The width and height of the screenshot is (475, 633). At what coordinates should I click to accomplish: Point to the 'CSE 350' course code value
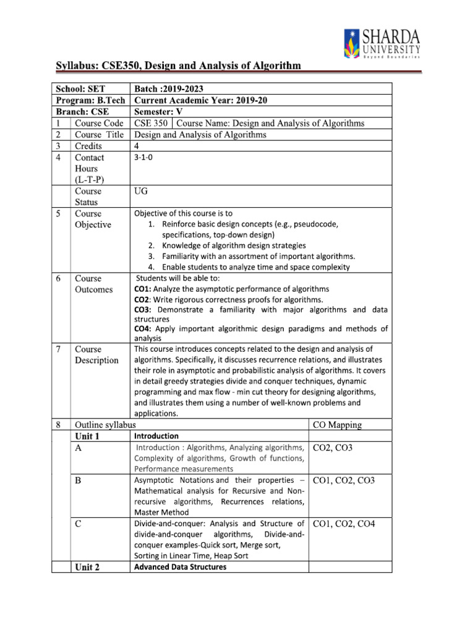pos(151,123)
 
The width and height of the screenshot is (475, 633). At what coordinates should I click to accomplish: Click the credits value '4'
pos(137,146)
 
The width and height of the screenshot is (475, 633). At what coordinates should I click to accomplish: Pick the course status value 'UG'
pos(141,192)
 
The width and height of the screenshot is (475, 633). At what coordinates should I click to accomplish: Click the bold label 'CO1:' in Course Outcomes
pos(143,289)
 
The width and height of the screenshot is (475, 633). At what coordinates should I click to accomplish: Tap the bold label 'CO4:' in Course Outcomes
pos(143,328)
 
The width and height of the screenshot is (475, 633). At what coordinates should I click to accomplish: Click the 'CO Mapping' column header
pos(338,425)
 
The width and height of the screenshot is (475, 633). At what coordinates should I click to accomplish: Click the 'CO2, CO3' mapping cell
pos(333,448)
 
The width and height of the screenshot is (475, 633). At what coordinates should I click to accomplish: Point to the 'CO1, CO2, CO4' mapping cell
pos(344,524)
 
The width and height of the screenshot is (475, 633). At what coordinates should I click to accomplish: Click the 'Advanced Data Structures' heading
pos(180,567)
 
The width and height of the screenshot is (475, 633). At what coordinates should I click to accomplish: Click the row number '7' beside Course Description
pos(58,349)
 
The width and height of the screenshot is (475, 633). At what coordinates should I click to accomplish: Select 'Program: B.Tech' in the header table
pos(90,100)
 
